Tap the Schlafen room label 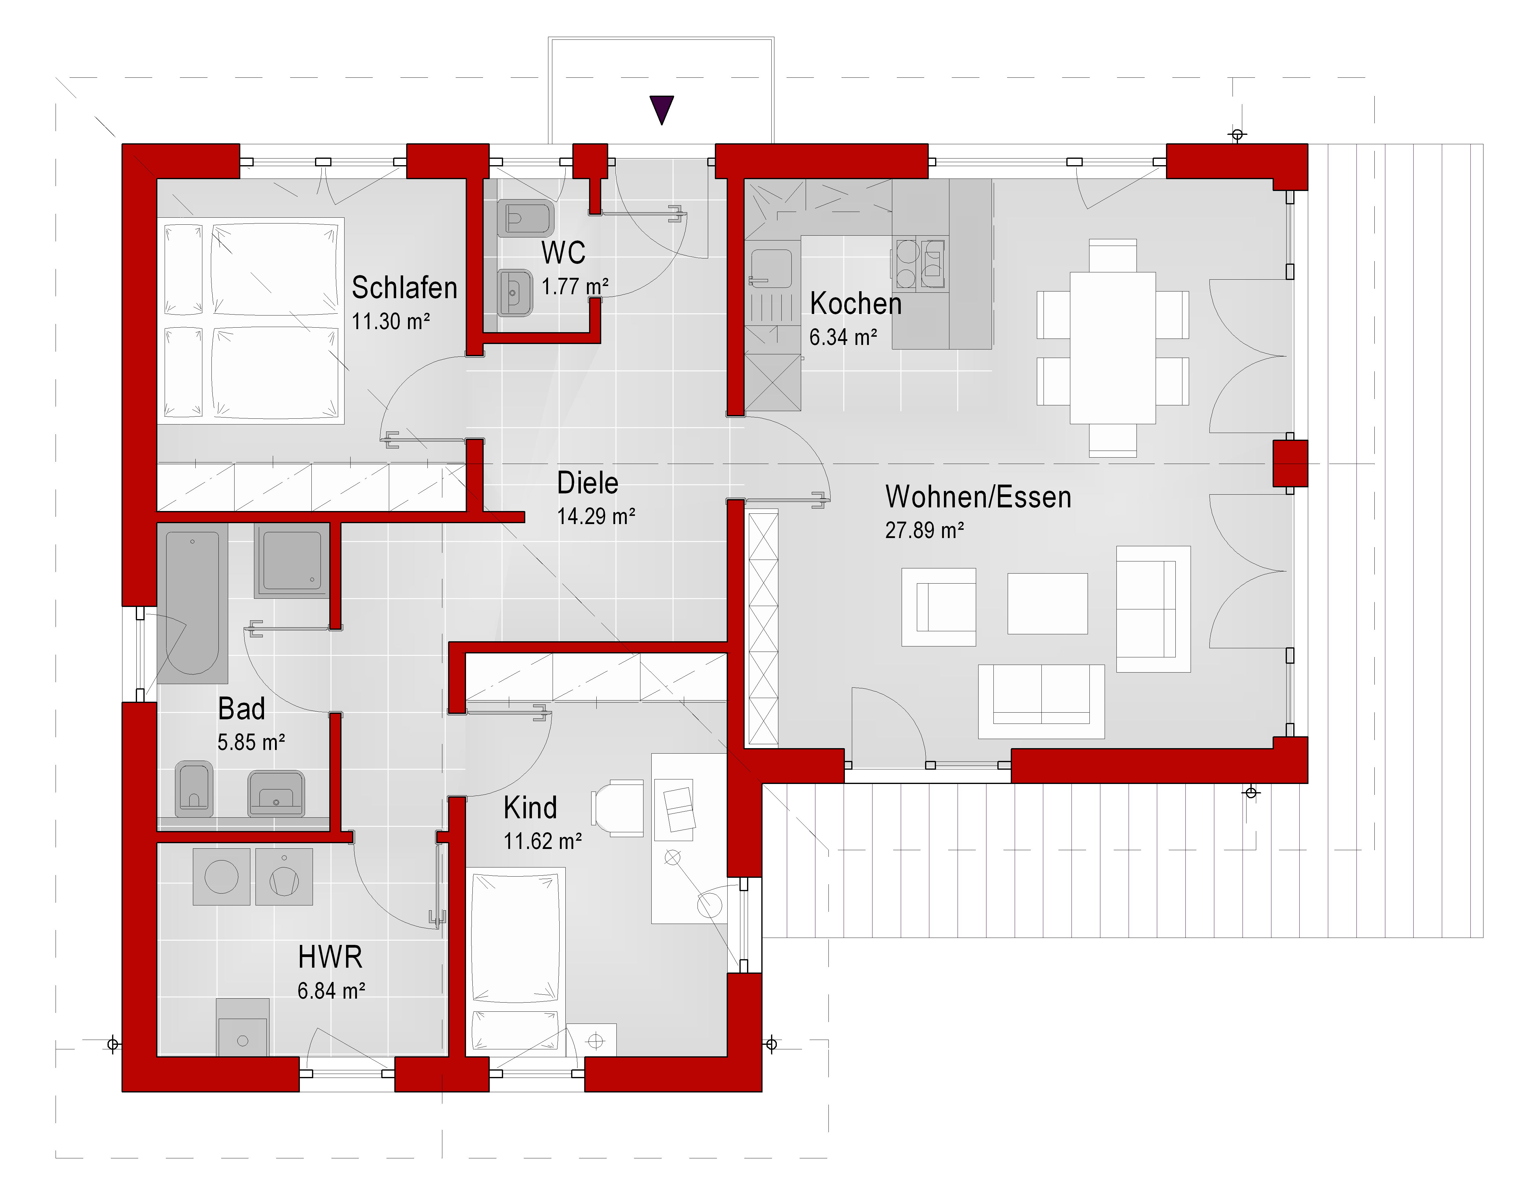tap(404, 288)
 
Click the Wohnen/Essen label tap(978, 497)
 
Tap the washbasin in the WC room tap(515, 293)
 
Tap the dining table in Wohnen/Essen tap(1113, 347)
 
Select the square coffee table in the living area tap(1048, 604)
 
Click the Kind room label tap(530, 808)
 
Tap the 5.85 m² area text tap(251, 742)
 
